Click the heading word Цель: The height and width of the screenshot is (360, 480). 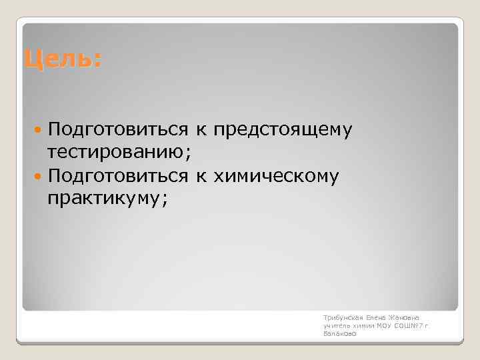[x=64, y=61]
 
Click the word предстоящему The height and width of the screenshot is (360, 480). [x=281, y=129]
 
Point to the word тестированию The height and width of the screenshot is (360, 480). [x=116, y=153]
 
